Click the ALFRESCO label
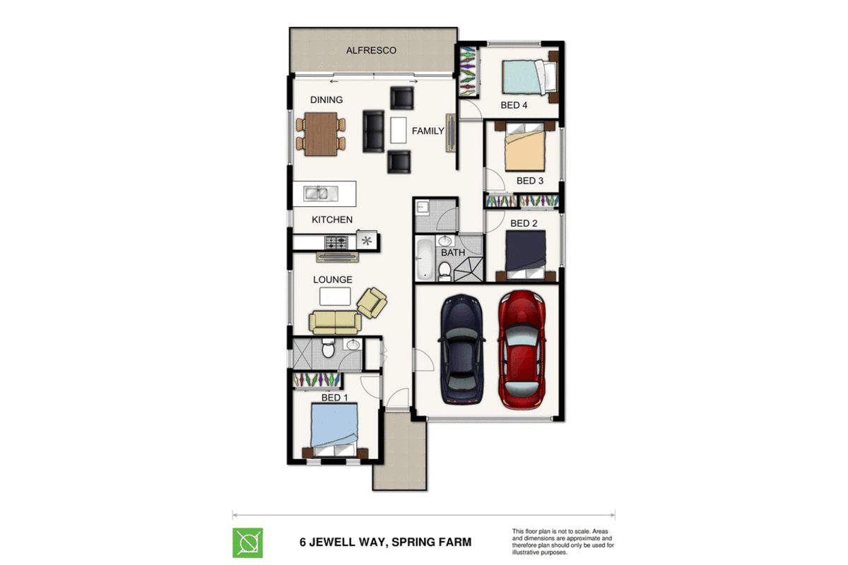(x=371, y=50)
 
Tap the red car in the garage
(x=522, y=350)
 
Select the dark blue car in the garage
(x=461, y=350)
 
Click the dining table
(x=321, y=134)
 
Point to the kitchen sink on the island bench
(x=320, y=194)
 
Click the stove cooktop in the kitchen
(x=336, y=242)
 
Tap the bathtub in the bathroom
(x=425, y=259)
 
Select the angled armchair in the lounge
(x=372, y=302)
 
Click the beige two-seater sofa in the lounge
(x=335, y=323)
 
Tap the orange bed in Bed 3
(x=524, y=146)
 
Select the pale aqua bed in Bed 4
(x=529, y=77)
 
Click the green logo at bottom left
(x=247, y=542)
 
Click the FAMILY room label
(x=428, y=131)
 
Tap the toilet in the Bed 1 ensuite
(x=328, y=347)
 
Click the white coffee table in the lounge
(x=335, y=297)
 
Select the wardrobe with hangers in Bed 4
(x=468, y=71)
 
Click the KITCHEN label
(x=332, y=220)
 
